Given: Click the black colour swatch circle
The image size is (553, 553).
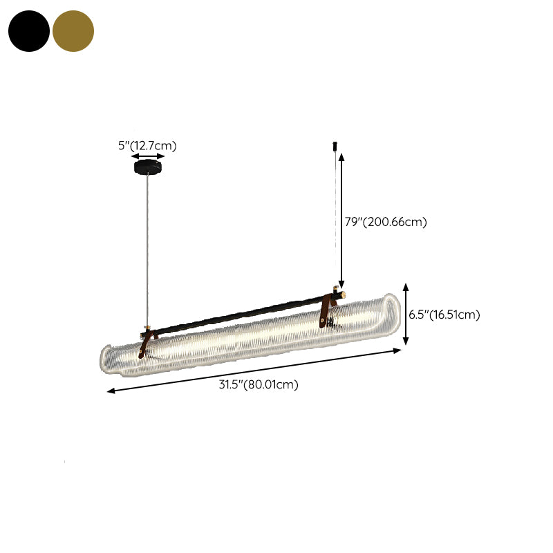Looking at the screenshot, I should coord(29,31).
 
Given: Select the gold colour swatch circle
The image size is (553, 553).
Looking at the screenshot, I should coord(73,31).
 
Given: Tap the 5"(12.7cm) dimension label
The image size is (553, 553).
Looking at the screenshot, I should coord(147,145).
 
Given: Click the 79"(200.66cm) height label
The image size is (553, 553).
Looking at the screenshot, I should coord(386,222).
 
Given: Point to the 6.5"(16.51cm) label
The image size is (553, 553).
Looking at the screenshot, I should coord(444,315).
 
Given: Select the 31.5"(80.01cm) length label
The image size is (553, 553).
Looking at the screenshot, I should coord(259,385).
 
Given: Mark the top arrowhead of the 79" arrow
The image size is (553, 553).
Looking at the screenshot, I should coord(341,156).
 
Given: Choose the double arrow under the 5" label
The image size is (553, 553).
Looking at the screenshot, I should coord(148,157).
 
